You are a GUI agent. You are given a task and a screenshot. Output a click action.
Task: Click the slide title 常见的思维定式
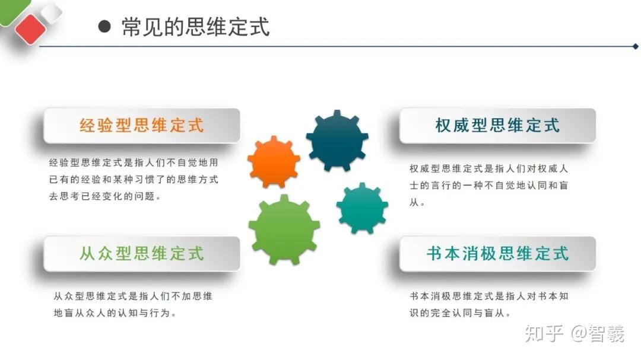(x=195, y=27)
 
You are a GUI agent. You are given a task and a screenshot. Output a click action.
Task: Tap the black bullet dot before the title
(x=104, y=27)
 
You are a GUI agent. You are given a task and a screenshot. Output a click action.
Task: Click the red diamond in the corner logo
(x=30, y=28)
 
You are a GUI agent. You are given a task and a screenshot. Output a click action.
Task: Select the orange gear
(x=274, y=162)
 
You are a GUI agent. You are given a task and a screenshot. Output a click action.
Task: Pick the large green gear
(x=284, y=230)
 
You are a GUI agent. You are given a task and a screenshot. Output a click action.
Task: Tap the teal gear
(x=362, y=208)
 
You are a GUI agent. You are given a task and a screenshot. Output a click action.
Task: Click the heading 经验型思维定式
(x=141, y=126)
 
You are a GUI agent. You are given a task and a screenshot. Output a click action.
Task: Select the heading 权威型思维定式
(x=497, y=126)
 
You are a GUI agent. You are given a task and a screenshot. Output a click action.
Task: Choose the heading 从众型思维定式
(x=141, y=253)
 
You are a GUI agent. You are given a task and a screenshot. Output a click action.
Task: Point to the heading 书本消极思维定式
(x=497, y=253)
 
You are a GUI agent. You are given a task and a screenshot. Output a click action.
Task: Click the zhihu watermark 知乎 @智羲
(x=575, y=333)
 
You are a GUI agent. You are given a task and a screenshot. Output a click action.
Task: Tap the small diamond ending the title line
(x=635, y=47)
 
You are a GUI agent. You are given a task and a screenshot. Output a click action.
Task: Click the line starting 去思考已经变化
(x=104, y=196)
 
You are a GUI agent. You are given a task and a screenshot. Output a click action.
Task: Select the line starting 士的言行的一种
(x=488, y=186)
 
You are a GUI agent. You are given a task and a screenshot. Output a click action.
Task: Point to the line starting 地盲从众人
(x=115, y=313)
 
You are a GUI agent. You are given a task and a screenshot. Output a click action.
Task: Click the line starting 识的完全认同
(x=460, y=313)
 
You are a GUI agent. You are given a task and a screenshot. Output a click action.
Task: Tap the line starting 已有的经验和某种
(x=134, y=179)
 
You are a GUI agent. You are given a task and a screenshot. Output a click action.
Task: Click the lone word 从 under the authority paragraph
(x=414, y=202)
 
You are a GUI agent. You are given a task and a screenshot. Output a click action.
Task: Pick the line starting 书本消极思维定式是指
(x=488, y=297)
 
